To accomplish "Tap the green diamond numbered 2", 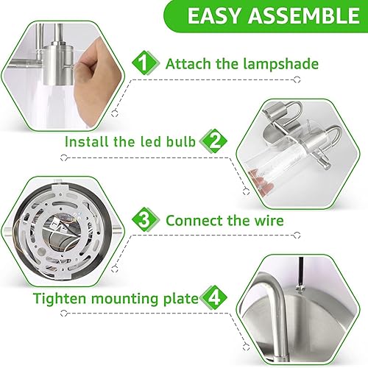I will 214,141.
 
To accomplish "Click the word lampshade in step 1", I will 283,64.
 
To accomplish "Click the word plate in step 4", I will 185,300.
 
